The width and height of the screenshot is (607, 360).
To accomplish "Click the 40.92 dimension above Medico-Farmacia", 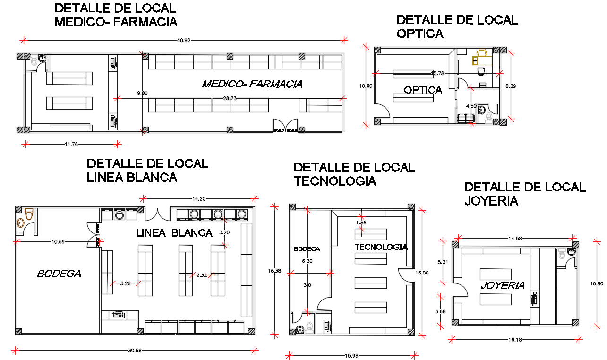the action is [x=184, y=41].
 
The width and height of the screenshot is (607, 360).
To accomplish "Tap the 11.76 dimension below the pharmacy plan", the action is [x=71, y=144].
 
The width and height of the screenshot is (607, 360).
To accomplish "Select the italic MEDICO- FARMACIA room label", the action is [x=252, y=84].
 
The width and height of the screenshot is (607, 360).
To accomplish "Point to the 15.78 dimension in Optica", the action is [x=438, y=73].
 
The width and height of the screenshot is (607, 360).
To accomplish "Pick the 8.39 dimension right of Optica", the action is [x=510, y=86].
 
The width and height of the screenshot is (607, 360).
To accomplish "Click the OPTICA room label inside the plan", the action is [x=423, y=90].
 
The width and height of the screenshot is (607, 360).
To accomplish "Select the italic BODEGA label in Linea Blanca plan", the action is [x=59, y=273].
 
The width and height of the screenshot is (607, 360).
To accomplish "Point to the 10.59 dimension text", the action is [x=58, y=242].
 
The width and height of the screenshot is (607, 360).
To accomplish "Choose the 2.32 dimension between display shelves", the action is [x=202, y=274].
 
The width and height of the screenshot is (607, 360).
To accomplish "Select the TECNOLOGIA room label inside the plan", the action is [x=381, y=247].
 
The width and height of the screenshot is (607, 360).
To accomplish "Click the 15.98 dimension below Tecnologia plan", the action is [x=351, y=355].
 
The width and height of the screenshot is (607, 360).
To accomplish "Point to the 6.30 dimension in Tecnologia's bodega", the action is [x=308, y=261].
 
